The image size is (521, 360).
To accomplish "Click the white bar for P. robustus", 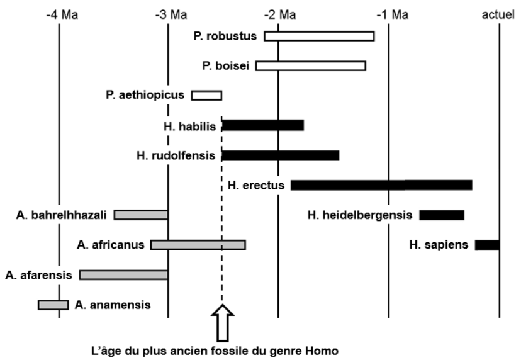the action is [319, 37].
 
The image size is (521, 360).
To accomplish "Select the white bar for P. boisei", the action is [311, 66].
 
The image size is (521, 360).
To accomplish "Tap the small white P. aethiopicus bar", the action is [206, 96].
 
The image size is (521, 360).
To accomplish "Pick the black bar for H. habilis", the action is [263, 126].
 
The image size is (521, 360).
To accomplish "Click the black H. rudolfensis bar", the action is [281, 155].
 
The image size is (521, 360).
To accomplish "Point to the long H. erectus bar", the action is [381, 185].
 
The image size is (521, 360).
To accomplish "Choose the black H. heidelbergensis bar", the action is [442, 215].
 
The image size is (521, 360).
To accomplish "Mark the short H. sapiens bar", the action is [487, 245].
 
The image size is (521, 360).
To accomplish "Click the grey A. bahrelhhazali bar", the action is [141, 215].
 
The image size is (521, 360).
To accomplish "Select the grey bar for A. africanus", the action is [198, 245].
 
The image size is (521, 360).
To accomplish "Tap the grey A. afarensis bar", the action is [123, 274].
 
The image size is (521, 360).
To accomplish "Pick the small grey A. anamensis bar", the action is [53, 305].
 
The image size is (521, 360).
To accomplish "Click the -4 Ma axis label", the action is [62, 15].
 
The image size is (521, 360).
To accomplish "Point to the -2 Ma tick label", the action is [280, 15].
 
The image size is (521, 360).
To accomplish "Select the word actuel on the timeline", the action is [498, 15].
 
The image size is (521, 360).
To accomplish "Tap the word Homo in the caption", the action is [322, 351].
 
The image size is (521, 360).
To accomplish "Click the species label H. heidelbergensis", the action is [360, 215].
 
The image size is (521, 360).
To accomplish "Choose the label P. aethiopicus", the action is [145, 95].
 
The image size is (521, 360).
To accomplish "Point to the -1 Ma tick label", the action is [393, 15].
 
